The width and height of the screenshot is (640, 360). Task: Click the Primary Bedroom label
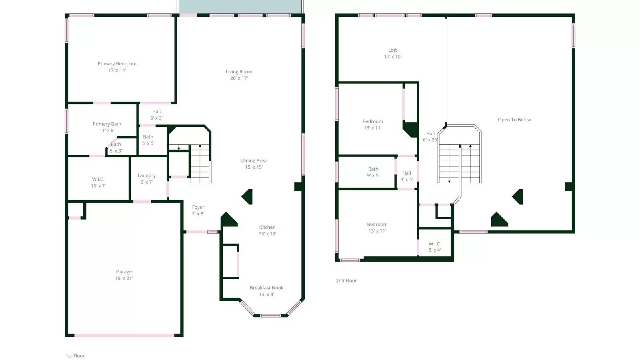pyautogui.click(x=117, y=64)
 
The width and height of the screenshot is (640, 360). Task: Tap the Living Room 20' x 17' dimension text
pyautogui.click(x=239, y=78)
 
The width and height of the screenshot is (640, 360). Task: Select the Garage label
pyautogui.click(x=124, y=272)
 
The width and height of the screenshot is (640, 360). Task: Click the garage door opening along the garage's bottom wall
pyautogui.click(x=124, y=335)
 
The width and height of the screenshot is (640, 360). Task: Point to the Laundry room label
pyautogui.click(x=146, y=176)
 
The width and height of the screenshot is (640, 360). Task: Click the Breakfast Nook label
pyautogui.click(x=266, y=288)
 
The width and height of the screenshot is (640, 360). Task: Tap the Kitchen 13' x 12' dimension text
pyautogui.click(x=267, y=234)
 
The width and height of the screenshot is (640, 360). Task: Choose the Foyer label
pyautogui.click(x=198, y=207)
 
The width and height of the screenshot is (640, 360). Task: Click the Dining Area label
pyautogui.click(x=254, y=161)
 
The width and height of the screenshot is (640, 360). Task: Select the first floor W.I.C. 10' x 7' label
pyautogui.click(x=98, y=182)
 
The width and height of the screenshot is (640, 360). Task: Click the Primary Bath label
pyautogui.click(x=107, y=124)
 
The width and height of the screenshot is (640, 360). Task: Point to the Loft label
pyautogui.click(x=392, y=50)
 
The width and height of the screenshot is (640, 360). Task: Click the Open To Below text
pyautogui.click(x=514, y=120)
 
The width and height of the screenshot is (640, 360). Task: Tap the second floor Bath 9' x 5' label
pyautogui.click(x=373, y=172)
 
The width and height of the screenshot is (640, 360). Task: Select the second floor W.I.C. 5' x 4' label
pyautogui.click(x=435, y=247)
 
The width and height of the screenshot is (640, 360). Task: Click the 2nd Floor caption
pyautogui.click(x=346, y=281)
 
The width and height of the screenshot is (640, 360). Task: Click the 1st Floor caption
pyautogui.click(x=75, y=356)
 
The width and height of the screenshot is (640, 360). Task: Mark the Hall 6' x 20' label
pyautogui.click(x=430, y=137)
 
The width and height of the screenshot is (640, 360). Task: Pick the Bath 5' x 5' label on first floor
pyautogui.click(x=148, y=140)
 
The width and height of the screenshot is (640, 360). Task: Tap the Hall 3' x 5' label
pyautogui.click(x=406, y=176)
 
